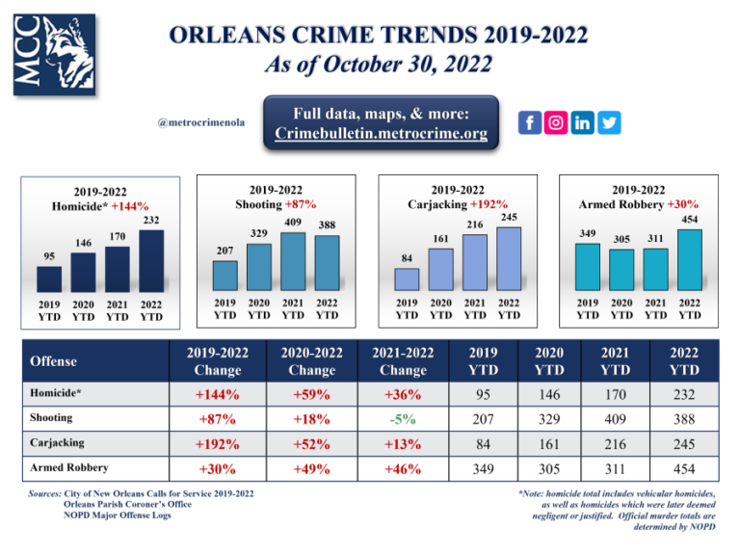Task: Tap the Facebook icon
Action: pyautogui.click(x=530, y=122)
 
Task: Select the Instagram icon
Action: pyautogui.click(x=557, y=122)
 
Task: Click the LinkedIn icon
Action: pyautogui.click(x=584, y=122)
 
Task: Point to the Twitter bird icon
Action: pyautogui.click(x=610, y=122)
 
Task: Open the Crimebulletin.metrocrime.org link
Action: pyautogui.click(x=381, y=133)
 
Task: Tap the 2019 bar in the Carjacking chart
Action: pyautogui.click(x=407, y=278)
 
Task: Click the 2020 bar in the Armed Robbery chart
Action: pyautogui.click(x=621, y=269)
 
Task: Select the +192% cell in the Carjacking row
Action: pyautogui.click(x=218, y=443)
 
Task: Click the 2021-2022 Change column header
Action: pyautogui.click(x=403, y=360)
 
